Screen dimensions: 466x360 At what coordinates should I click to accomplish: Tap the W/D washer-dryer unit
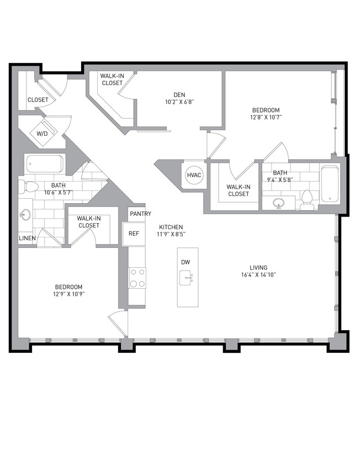click(x=43, y=134)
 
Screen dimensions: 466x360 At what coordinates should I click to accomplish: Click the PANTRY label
click(x=140, y=214)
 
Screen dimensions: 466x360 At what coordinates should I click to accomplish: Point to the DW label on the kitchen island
click(x=186, y=262)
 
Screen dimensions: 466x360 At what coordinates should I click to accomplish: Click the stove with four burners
click(x=137, y=278)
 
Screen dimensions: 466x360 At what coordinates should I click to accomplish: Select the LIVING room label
click(x=258, y=267)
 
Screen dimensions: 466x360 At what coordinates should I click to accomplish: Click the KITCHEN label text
click(x=171, y=227)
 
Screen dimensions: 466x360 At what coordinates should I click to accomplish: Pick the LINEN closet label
click(x=27, y=238)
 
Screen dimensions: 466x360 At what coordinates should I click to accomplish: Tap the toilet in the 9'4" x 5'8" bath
click(x=308, y=200)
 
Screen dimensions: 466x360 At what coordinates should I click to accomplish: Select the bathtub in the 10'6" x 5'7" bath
click(x=44, y=164)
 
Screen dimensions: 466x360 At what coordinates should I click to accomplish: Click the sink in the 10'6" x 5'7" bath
click(x=26, y=215)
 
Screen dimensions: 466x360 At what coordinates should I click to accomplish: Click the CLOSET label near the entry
click(x=38, y=100)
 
